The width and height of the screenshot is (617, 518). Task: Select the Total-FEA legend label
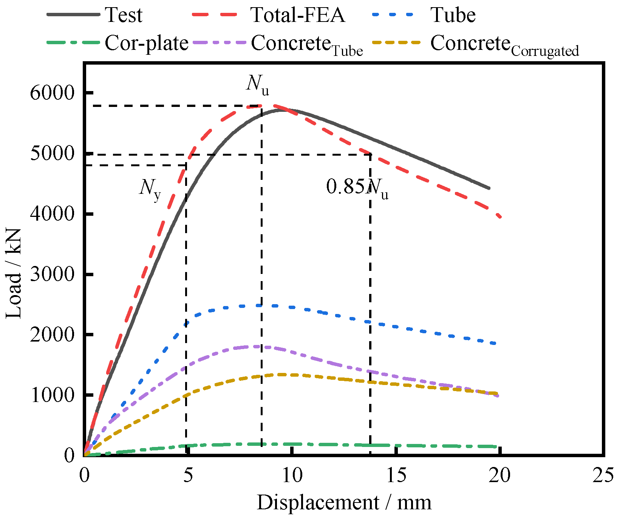click(298, 15)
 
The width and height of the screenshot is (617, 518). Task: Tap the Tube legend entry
click(453, 15)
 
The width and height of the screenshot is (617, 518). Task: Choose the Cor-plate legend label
click(147, 43)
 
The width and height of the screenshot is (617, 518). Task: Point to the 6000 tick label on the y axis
click(53, 93)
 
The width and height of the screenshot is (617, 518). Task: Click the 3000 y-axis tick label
click(53, 274)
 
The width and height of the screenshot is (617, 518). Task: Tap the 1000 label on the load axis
click(53, 395)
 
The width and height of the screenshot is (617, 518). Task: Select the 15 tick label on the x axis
click(396, 475)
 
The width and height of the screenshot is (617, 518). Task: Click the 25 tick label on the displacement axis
click(603, 475)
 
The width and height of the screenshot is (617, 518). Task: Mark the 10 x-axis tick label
click(292, 475)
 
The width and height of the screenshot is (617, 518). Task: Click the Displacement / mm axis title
click(344, 503)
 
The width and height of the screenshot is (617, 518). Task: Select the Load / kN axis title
click(14, 274)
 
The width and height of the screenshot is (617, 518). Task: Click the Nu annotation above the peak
click(258, 84)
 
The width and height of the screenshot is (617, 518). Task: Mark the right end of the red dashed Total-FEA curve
click(501, 217)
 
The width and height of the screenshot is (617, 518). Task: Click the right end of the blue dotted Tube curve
click(495, 343)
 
